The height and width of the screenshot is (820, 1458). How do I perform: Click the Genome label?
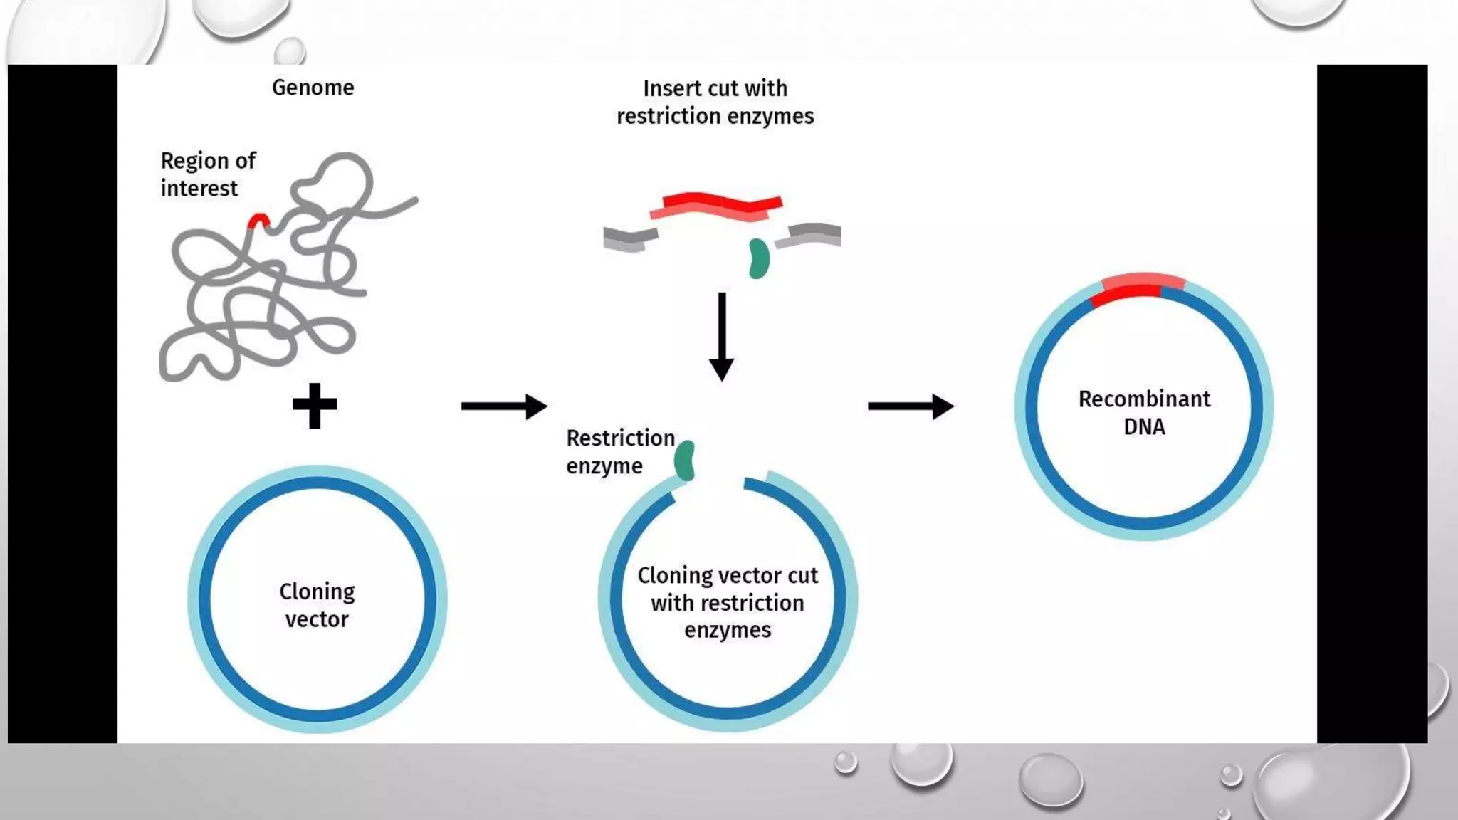coord(313,88)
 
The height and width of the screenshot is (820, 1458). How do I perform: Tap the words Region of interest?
coord(207,174)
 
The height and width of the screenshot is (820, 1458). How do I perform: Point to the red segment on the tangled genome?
coord(258,221)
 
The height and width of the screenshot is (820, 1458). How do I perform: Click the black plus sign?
coord(315,406)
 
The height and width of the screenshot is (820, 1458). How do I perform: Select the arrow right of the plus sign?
coord(504,406)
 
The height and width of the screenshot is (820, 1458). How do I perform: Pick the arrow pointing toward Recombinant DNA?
coord(911,406)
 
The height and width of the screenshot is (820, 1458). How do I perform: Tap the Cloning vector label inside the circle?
coord(317,605)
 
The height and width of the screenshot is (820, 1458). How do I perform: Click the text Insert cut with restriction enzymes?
coord(715,102)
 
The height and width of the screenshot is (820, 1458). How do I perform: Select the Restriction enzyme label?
coord(619,451)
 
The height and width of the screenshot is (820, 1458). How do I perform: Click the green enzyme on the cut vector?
coord(685,461)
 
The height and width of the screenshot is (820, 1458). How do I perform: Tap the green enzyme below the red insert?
coord(759,258)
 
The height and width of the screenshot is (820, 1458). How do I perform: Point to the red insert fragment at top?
coord(715,205)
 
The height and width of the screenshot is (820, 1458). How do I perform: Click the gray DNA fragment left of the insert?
coord(629,238)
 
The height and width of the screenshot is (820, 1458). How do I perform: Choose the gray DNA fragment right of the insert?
coord(810,235)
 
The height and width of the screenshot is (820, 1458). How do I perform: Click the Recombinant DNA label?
coord(1144,412)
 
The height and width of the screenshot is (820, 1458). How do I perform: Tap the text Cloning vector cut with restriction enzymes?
coord(728,602)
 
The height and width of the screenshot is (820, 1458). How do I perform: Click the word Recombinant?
coord(1144,399)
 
